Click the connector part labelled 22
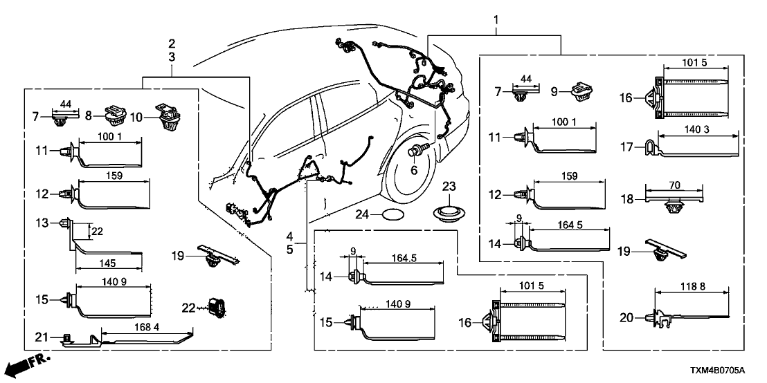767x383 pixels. point(219,307)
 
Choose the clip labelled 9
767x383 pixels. point(581,91)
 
